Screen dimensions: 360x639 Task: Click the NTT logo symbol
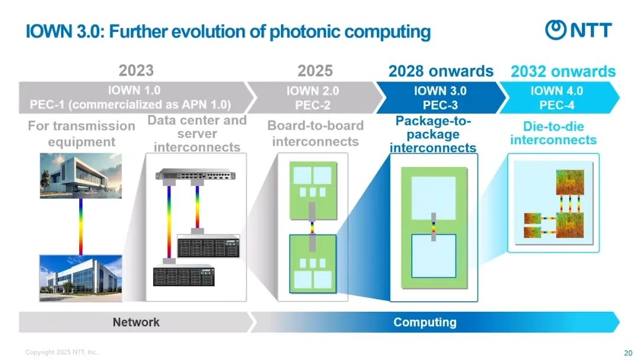(556, 30)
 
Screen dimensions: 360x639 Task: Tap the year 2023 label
(136, 70)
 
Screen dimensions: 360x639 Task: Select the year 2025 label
(315, 71)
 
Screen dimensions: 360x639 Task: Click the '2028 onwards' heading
(441, 71)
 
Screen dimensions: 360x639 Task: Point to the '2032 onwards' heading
(563, 72)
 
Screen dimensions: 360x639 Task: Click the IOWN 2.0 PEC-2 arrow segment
(312, 98)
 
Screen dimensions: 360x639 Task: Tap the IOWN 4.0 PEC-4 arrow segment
(556, 98)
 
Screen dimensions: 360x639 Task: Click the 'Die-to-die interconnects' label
(553, 133)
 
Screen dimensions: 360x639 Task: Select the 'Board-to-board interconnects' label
(315, 133)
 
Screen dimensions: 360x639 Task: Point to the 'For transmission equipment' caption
(82, 133)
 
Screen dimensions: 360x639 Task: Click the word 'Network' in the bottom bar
(136, 322)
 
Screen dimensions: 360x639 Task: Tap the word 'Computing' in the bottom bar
(425, 322)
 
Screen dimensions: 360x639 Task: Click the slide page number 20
(628, 353)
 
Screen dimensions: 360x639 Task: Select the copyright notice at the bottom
(62, 352)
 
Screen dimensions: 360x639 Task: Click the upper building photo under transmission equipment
(80, 175)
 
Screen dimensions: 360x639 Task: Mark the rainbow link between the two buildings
(80, 226)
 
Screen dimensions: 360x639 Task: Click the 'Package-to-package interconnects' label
(433, 134)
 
